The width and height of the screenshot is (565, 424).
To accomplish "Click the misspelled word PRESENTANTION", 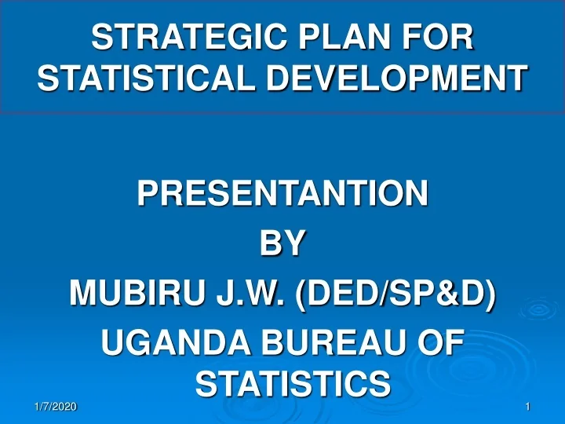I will [282, 194].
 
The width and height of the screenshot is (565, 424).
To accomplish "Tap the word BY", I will [282, 244].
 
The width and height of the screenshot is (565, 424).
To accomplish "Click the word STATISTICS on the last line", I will [292, 385].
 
